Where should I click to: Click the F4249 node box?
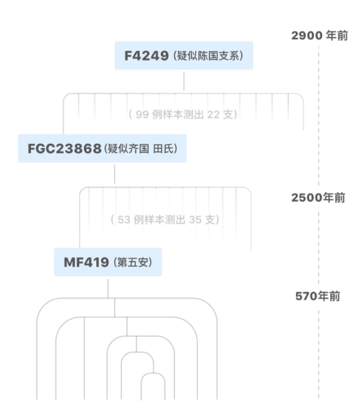click(x=184, y=55)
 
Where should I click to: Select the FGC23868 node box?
click(x=102, y=148)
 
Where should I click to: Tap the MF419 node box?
click(x=108, y=262)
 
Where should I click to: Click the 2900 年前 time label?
click(x=319, y=35)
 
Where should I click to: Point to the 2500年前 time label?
click(x=318, y=198)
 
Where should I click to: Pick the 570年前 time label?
click(x=317, y=296)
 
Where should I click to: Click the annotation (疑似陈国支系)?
click(x=208, y=56)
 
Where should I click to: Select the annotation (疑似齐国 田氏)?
click(x=140, y=149)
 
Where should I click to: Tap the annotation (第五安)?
click(x=133, y=262)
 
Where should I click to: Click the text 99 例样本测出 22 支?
click(x=183, y=114)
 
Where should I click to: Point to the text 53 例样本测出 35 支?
click(x=165, y=220)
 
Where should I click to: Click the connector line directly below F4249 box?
click(x=184, y=81)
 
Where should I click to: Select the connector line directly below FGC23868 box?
click(x=114, y=174)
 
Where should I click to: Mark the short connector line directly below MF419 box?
click(x=108, y=288)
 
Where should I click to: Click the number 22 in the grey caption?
click(x=213, y=114)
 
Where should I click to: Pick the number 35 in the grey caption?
click(x=195, y=220)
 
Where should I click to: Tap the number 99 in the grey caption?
click(x=142, y=114)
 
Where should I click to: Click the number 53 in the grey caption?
click(x=124, y=220)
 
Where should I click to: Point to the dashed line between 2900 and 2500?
click(x=319, y=116)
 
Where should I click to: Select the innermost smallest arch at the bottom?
click(x=153, y=373)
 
